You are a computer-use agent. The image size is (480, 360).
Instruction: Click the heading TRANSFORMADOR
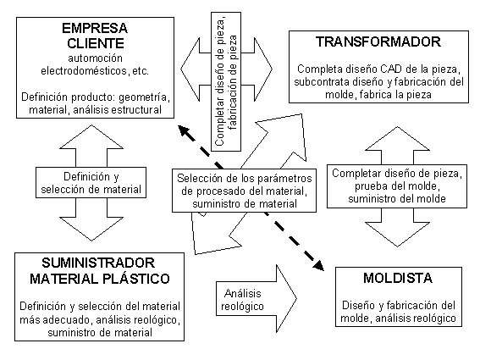click(378, 42)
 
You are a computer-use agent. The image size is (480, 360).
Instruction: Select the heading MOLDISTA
click(398, 278)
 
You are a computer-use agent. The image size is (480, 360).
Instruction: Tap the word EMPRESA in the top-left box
click(95, 29)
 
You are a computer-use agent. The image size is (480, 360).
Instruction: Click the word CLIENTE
click(96, 43)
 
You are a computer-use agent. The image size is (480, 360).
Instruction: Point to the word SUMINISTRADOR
click(98, 263)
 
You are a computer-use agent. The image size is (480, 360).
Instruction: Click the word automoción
click(95, 58)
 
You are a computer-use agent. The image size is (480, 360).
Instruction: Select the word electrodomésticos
click(84, 71)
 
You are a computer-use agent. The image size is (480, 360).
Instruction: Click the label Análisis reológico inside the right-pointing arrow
click(242, 300)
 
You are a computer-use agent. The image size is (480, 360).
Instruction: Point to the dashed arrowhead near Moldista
click(318, 265)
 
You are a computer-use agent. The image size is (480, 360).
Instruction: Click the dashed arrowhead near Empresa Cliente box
click(184, 130)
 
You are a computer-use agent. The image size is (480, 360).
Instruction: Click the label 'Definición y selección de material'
click(91, 183)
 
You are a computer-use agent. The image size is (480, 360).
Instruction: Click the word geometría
click(143, 97)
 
